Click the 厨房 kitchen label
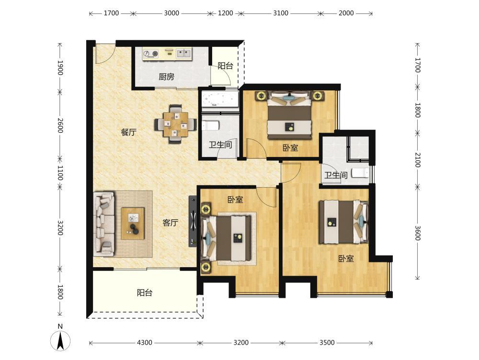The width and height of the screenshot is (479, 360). coord(167,77)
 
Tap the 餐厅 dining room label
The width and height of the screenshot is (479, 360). coord(128,132)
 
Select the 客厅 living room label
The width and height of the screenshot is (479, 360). coord(170,223)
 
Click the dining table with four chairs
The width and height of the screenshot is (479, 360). coord(175,124)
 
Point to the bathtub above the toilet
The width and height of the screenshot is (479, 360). coord(220,99)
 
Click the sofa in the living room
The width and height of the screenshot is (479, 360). coord(104,224)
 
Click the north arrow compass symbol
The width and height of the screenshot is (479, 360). coord(60,340)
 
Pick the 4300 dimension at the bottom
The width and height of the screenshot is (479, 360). coord(144,343)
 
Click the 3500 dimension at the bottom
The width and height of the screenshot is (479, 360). coord(327,343)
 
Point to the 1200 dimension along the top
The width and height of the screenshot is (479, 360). coord(225,13)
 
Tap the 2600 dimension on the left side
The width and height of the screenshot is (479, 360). coord(60,125)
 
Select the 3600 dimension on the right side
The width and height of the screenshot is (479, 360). coord(418,233)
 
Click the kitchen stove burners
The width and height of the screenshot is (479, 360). coord(151,54)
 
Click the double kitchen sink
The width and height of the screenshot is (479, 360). coord(183,54)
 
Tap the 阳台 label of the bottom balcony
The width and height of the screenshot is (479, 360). coord(145,293)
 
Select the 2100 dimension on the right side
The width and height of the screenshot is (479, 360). coord(418,160)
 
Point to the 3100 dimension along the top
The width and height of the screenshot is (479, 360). coord(280,13)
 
